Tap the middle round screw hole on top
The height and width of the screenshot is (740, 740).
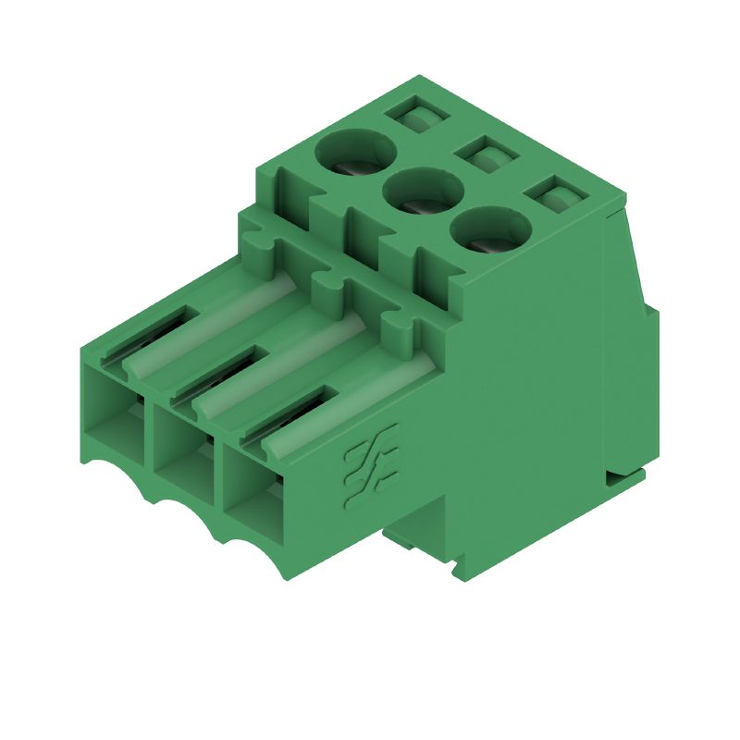423,192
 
